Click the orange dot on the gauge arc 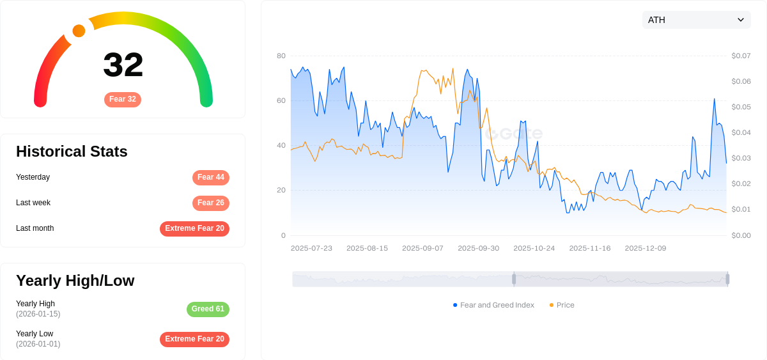(x=79, y=31)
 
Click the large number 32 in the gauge (x=123, y=65)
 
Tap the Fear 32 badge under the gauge (x=123, y=100)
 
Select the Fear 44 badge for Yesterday (x=211, y=178)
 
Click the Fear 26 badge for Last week (x=211, y=203)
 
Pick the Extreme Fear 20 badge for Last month (x=194, y=229)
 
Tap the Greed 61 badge (x=208, y=309)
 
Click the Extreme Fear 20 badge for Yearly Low (x=194, y=340)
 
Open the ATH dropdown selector (x=696, y=20)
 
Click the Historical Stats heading (x=72, y=152)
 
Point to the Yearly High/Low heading (x=75, y=281)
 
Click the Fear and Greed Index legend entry (x=493, y=305)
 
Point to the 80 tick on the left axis (x=281, y=56)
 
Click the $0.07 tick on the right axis (x=741, y=56)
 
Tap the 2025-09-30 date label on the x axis (x=478, y=248)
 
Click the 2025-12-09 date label (x=645, y=248)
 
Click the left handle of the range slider (x=514, y=279)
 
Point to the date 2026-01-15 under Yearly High (x=38, y=314)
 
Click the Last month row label (x=35, y=228)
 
